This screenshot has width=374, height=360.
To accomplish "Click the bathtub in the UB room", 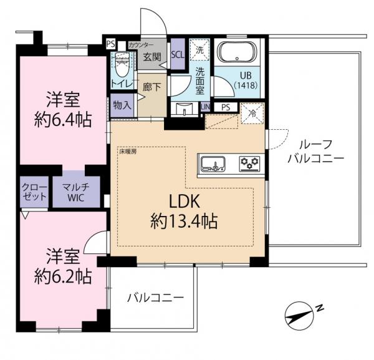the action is click(x=237, y=53).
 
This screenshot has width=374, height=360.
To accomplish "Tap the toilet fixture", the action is click(x=122, y=64).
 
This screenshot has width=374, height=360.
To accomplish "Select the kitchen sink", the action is click(x=213, y=164).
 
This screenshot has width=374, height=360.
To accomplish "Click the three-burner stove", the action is click(x=249, y=163).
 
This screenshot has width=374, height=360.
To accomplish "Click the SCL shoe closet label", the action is click(x=178, y=55).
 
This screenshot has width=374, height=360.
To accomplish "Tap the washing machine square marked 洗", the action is click(x=199, y=50).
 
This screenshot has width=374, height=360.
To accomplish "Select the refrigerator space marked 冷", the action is click(x=252, y=114).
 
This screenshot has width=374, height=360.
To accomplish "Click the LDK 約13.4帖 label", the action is click(x=184, y=212).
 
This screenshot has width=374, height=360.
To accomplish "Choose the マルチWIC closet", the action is click(x=76, y=192).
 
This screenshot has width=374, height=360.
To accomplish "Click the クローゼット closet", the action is click(x=34, y=192).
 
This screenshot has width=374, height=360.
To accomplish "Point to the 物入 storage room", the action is click(x=122, y=105).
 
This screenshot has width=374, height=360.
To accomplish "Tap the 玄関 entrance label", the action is click(x=152, y=57).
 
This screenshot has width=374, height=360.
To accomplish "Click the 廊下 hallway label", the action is click(x=152, y=87).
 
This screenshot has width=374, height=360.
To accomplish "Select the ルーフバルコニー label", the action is click(x=315, y=152).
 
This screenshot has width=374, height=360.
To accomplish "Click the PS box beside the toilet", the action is click(x=111, y=44).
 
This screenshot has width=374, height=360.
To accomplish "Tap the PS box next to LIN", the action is click(x=226, y=107).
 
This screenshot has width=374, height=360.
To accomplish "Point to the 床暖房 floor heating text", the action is click(x=128, y=152).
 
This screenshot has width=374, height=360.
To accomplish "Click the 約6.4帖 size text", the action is click(x=63, y=120).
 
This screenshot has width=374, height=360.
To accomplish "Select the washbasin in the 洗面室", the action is click(x=185, y=110).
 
